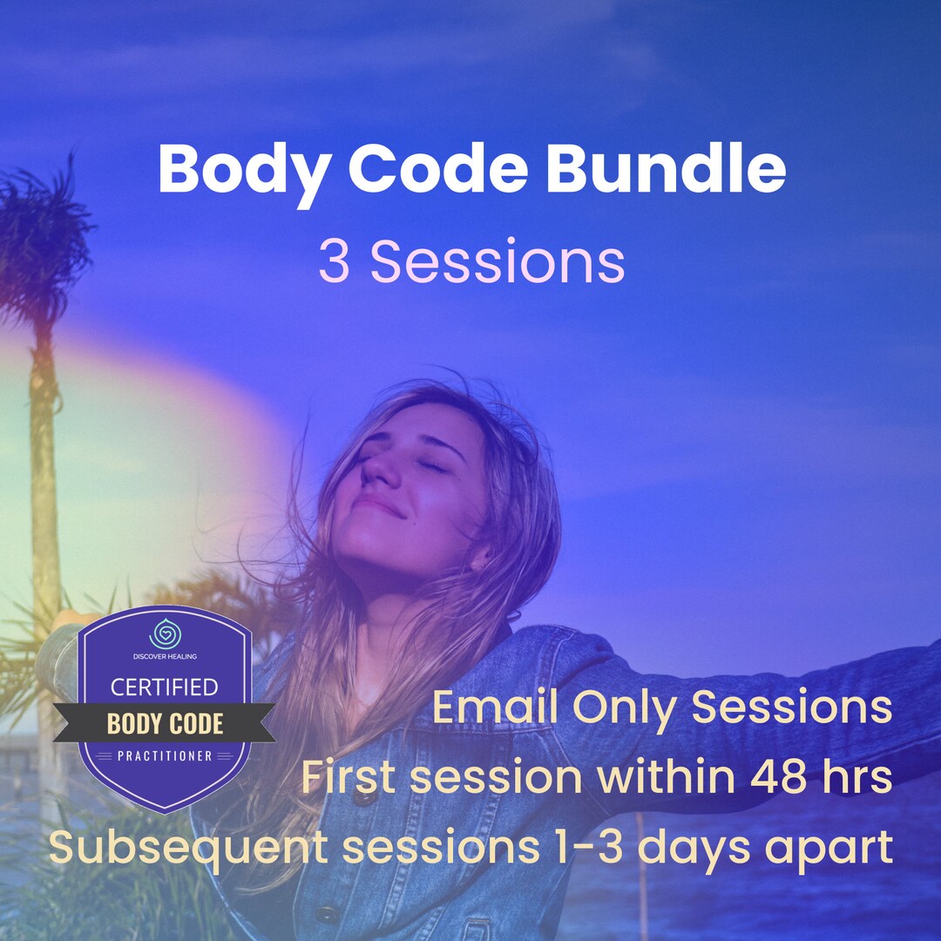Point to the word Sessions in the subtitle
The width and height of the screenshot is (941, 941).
(498, 261)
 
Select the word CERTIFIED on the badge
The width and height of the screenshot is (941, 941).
(164, 687)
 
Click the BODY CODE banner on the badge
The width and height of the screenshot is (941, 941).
(165, 723)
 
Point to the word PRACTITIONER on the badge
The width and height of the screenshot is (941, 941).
(165, 755)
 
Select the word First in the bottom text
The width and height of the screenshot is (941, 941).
(349, 777)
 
